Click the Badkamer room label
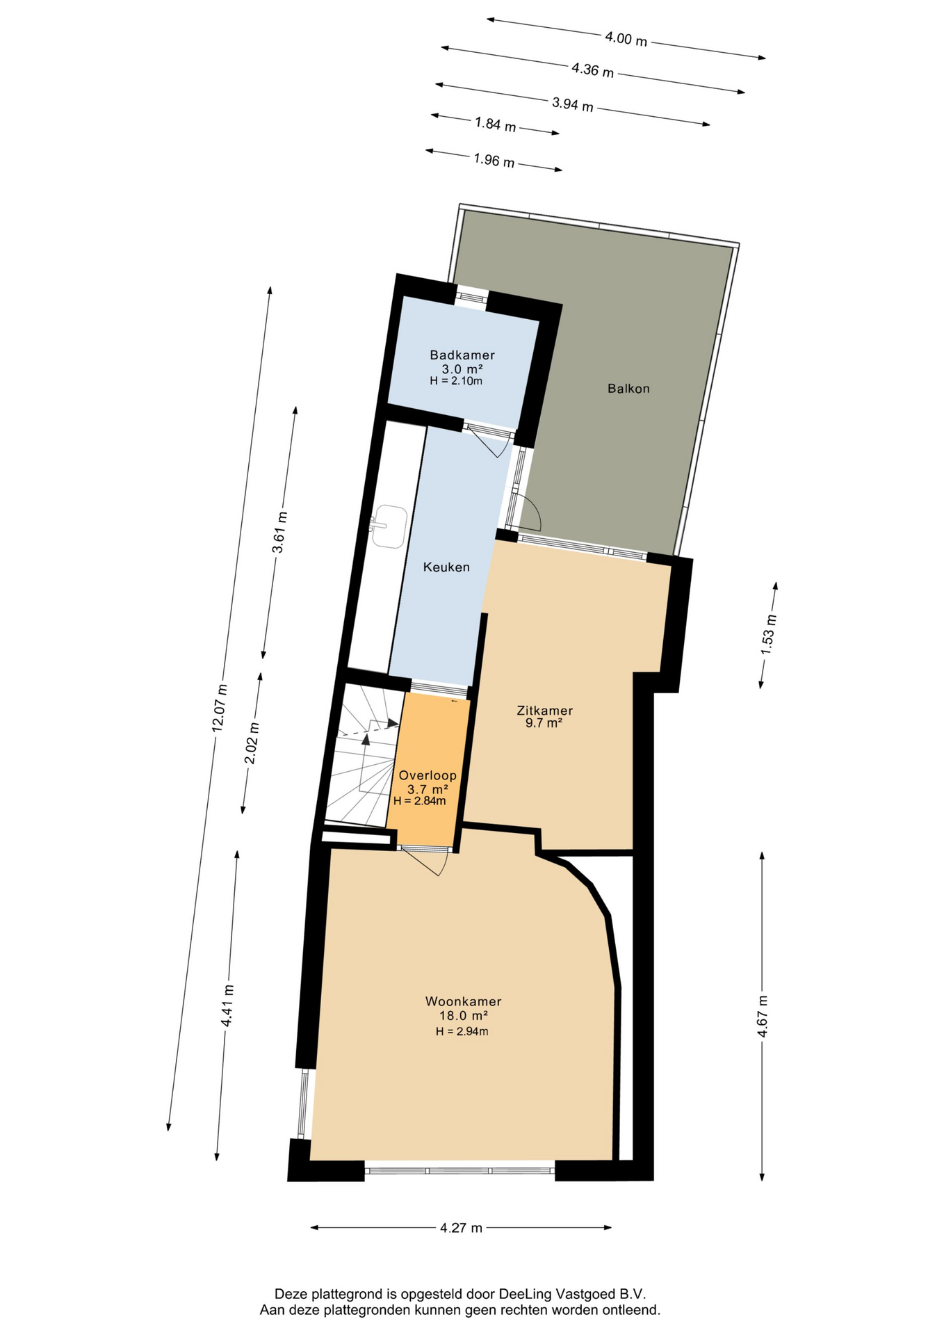(x=462, y=355)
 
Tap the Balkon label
(x=628, y=389)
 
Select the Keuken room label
(x=446, y=567)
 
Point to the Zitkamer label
(x=544, y=711)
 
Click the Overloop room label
(x=428, y=775)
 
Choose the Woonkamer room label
(x=463, y=1002)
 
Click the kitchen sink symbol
(x=389, y=526)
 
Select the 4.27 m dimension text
(x=461, y=1228)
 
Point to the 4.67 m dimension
(x=763, y=1016)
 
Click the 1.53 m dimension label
(x=767, y=634)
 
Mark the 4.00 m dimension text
(x=626, y=40)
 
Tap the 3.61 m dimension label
(x=279, y=532)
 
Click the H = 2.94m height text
(x=462, y=1032)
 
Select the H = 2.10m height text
(x=456, y=381)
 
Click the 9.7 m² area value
(x=544, y=723)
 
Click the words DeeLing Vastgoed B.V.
(x=572, y=1295)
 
